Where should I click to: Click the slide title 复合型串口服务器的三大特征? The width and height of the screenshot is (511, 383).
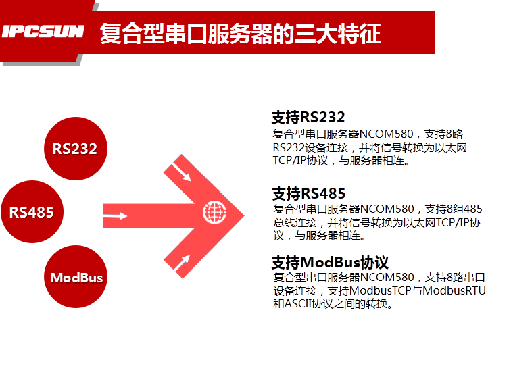tap(240, 32)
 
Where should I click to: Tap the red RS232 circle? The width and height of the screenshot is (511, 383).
tap(75, 149)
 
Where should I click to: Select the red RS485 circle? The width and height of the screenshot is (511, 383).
tap(32, 211)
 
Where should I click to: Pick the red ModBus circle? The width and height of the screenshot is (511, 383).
tap(76, 278)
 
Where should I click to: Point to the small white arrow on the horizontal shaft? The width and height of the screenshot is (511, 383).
tap(116, 217)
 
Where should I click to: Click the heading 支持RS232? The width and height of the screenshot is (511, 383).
tap(308, 118)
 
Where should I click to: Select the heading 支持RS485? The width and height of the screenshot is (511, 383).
tap(308, 194)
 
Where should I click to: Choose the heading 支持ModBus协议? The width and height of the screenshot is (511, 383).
tap(330, 262)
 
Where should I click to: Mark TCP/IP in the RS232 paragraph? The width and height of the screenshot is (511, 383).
tap(291, 161)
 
